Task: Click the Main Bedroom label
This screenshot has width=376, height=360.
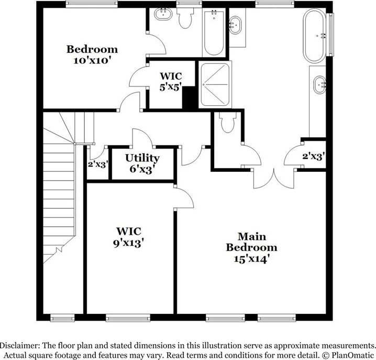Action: (251, 242)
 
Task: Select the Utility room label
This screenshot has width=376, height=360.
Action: (142, 158)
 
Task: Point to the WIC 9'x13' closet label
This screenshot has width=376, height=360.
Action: (128, 237)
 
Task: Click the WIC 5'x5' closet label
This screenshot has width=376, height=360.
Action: (171, 82)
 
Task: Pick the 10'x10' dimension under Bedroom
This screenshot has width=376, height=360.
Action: (92, 60)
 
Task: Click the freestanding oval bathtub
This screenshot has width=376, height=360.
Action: (315, 36)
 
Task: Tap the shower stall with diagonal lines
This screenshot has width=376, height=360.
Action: (215, 84)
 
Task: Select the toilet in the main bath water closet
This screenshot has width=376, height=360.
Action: (228, 123)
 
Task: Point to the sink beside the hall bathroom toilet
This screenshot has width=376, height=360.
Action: (163, 14)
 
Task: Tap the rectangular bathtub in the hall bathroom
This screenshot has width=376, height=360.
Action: (214, 32)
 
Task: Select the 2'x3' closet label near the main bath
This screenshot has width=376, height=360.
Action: (313, 157)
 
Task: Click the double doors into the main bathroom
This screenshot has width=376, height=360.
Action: (274, 178)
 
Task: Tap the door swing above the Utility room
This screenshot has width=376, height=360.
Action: (142, 138)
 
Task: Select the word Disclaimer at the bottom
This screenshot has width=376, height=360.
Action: (20, 346)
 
